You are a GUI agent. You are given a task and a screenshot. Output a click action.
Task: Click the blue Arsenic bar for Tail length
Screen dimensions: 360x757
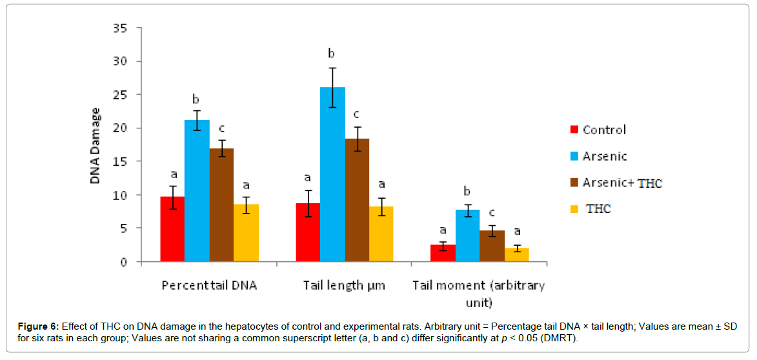[x=332, y=174]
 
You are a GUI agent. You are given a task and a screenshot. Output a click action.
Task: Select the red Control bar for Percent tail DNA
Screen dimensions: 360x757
[x=172, y=229]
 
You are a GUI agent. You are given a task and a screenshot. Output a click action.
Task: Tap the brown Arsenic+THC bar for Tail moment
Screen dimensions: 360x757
[x=492, y=246]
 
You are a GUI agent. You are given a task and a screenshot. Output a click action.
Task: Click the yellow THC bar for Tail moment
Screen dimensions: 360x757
[x=517, y=255]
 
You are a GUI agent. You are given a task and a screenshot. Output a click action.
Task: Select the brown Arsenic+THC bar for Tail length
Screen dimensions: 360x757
[x=357, y=200]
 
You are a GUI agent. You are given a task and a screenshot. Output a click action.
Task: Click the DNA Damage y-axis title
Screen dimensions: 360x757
[x=95, y=146]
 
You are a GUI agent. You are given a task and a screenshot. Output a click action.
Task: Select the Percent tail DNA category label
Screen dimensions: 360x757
[x=209, y=285]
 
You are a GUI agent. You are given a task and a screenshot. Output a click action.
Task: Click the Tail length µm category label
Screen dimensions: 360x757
[x=344, y=285]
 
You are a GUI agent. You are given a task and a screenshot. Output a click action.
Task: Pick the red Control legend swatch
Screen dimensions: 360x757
[x=574, y=130]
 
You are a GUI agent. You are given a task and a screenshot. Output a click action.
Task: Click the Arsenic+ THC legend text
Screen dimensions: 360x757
[x=622, y=183]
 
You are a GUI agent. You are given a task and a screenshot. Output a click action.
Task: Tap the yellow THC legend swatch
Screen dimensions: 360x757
[x=574, y=209]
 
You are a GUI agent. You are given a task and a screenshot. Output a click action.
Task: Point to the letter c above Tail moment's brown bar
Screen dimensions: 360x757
[x=492, y=212]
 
